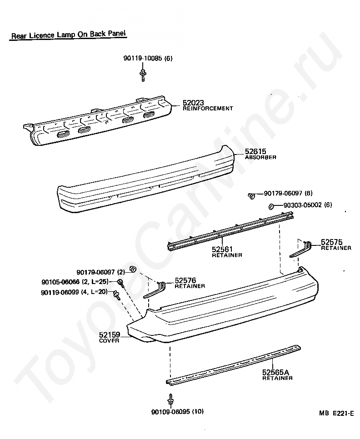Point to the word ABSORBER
coord(260,157)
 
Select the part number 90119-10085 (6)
coord(148,59)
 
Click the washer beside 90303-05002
coord(270,206)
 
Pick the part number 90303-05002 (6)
coord(307,205)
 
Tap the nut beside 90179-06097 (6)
coord(251,195)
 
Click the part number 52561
coord(221,249)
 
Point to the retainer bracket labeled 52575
coord(300,249)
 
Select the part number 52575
coord(331,242)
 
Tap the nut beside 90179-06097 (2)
coord(133,269)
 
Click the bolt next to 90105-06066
coord(120,283)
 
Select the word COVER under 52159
coord(110,341)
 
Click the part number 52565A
coord(275,373)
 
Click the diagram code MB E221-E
coord(336,413)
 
